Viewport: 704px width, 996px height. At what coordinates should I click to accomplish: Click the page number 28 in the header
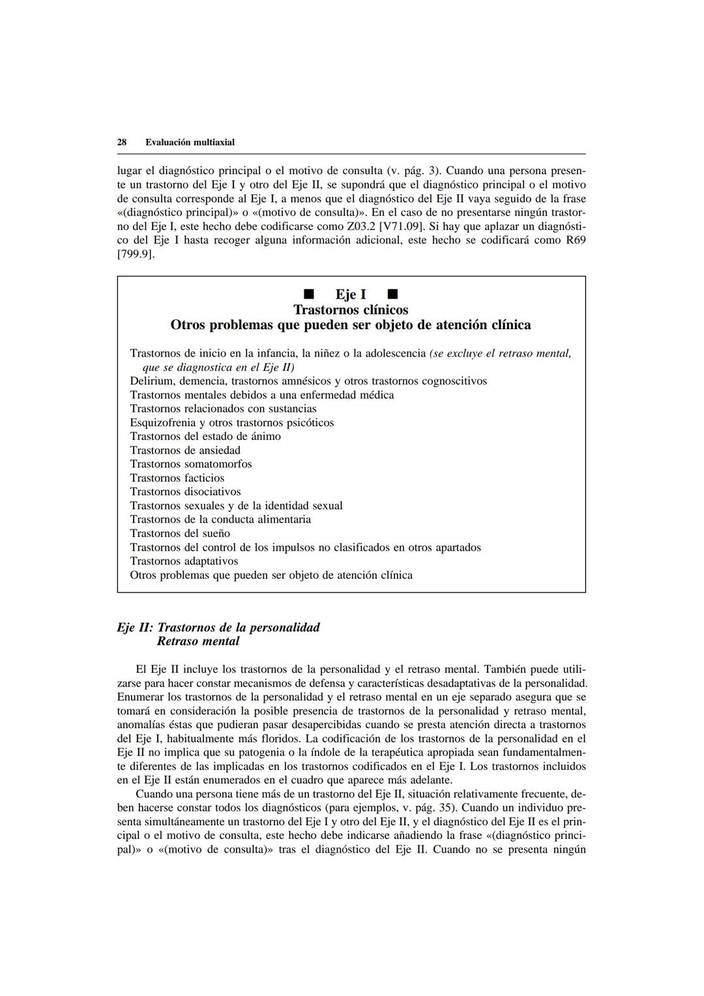pos(121,142)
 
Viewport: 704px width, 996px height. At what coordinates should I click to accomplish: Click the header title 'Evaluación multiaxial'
pos(190,142)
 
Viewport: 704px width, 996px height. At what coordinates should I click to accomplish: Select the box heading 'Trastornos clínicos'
pos(351,310)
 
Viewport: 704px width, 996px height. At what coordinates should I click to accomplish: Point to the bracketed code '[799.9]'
pos(136,254)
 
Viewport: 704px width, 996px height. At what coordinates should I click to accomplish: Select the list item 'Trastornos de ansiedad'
pos(185,450)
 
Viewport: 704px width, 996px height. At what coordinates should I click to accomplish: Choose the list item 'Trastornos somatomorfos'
pos(191,464)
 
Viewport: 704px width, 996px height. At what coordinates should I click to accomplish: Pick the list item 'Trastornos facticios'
pos(177,478)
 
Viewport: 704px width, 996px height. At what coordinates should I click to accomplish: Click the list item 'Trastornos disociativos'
pos(185,491)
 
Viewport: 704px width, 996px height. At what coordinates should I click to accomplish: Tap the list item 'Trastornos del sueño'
pos(180,533)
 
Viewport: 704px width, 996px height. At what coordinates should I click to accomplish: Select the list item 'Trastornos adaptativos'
pos(184,561)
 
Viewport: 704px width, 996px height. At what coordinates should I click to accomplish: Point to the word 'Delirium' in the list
pos(151,381)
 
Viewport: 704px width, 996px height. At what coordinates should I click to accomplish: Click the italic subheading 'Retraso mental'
pos(198,641)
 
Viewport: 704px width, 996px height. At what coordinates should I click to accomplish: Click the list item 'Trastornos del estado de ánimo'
pos(205,436)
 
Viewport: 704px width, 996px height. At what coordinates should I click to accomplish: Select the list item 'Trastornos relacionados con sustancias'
pos(223,409)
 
